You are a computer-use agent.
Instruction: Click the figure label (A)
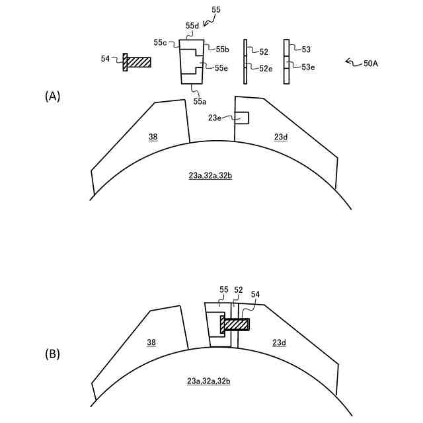pyautogui.click(x=52, y=96)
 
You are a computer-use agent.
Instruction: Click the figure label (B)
pyautogui.click(x=52, y=354)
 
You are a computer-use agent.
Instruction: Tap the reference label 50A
pyautogui.click(x=370, y=63)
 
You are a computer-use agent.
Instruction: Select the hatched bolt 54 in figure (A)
pyautogui.click(x=137, y=61)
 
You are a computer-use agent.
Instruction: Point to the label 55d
pyautogui.click(x=192, y=26)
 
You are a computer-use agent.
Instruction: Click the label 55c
pyautogui.click(x=161, y=42)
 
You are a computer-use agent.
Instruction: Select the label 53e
pyautogui.click(x=307, y=67)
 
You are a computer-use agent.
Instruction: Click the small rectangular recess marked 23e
pyautogui.click(x=242, y=118)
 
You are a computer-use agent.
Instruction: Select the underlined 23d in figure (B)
pyautogui.click(x=280, y=342)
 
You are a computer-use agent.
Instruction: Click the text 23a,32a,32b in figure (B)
pyautogui.click(x=209, y=381)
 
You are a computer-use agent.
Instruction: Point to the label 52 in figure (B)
pyautogui.click(x=239, y=290)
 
